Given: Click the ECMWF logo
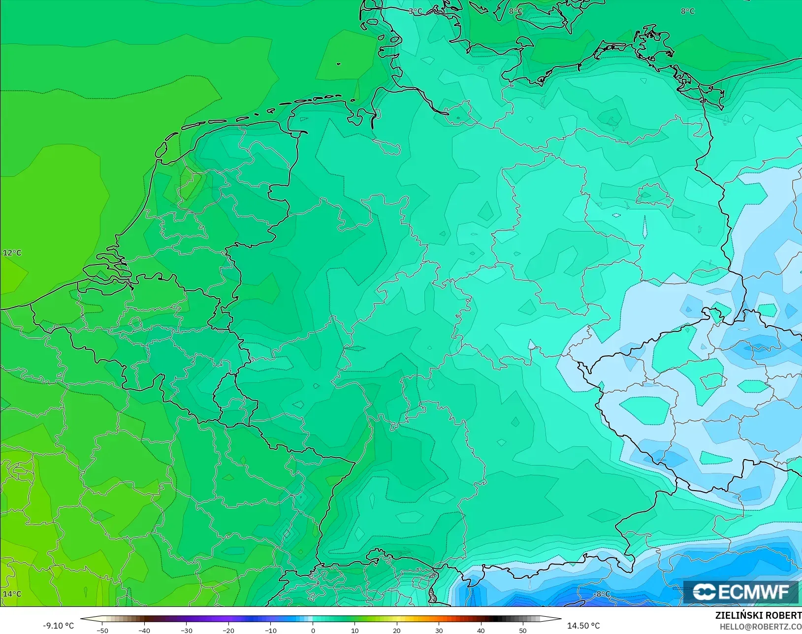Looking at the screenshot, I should coord(741,592).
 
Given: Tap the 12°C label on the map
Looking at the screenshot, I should coord(12,253).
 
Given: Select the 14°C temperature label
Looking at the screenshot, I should coord(12,594).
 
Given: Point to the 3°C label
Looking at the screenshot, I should coord(416,11).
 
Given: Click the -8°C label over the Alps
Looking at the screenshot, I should coord(602,594).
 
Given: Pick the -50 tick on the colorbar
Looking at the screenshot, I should coord(102,630).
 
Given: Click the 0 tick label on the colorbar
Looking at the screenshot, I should coord(313,630).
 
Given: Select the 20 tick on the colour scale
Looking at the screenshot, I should coord(397,630).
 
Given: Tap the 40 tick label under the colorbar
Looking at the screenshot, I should coord(481,630).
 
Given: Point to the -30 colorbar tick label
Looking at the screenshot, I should coord(187,630).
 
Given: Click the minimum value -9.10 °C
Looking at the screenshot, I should coord(58,626).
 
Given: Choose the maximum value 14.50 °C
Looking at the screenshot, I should coord(583,626).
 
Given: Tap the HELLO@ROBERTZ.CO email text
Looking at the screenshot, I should coord(761,627).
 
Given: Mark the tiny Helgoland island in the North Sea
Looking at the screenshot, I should coord(338,64).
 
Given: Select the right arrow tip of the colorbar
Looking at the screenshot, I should coord(560,619).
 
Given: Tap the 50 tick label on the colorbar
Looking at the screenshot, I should coord(523,630).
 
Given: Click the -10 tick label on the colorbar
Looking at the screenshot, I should coord(271,630).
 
